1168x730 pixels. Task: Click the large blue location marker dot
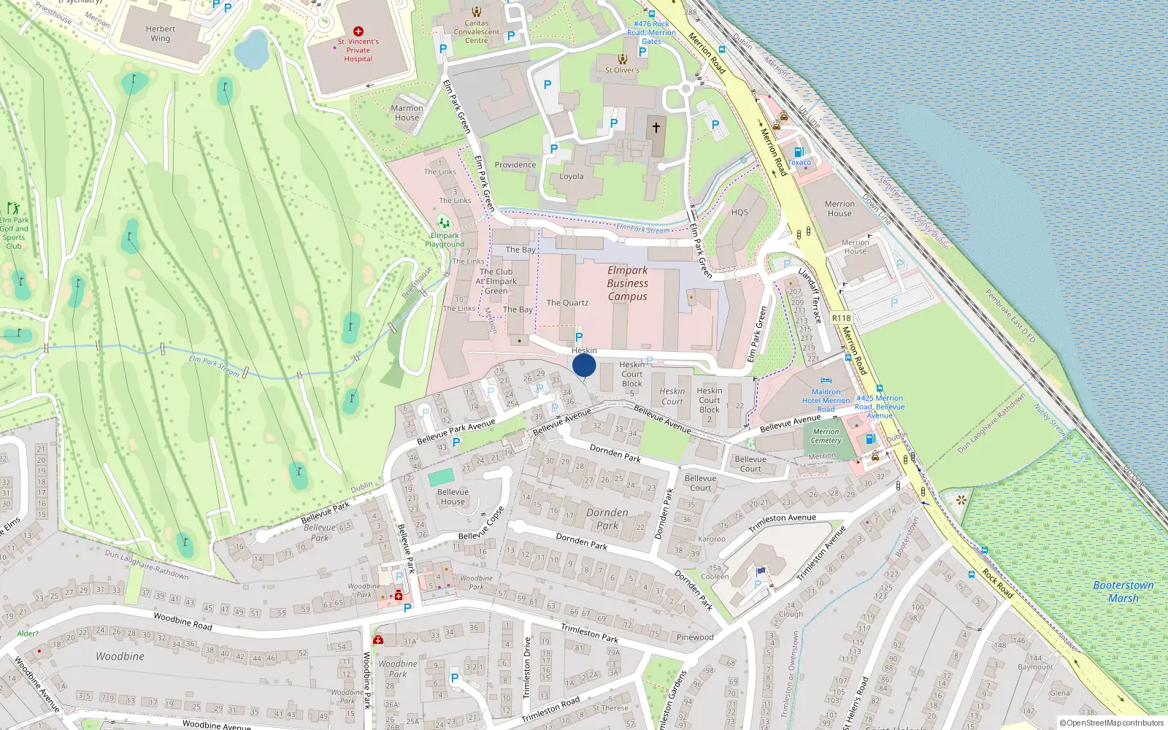click(584, 365)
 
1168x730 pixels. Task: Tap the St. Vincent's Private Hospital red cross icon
click(358, 31)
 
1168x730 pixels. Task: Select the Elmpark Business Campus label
click(628, 283)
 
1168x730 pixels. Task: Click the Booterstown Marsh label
click(1123, 591)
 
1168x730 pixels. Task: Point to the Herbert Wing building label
click(161, 34)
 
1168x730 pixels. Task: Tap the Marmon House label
click(407, 112)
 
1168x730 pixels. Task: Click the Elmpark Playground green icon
click(444, 223)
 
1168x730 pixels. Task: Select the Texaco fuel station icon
click(799, 153)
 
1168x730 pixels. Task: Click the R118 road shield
click(841, 318)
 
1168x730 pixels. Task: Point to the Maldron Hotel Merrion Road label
click(826, 401)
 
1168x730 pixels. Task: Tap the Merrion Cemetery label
click(826, 436)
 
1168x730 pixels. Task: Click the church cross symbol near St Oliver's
click(656, 128)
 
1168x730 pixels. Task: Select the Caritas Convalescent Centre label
click(477, 32)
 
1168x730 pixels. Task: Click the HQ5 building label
click(739, 212)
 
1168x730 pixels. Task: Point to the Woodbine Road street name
click(182, 621)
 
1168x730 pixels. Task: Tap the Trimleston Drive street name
click(527, 668)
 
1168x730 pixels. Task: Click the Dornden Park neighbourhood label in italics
click(607, 519)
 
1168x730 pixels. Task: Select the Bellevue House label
click(453, 496)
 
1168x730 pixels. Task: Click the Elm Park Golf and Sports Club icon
click(12, 209)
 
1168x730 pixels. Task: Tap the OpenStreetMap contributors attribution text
click(1113, 723)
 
